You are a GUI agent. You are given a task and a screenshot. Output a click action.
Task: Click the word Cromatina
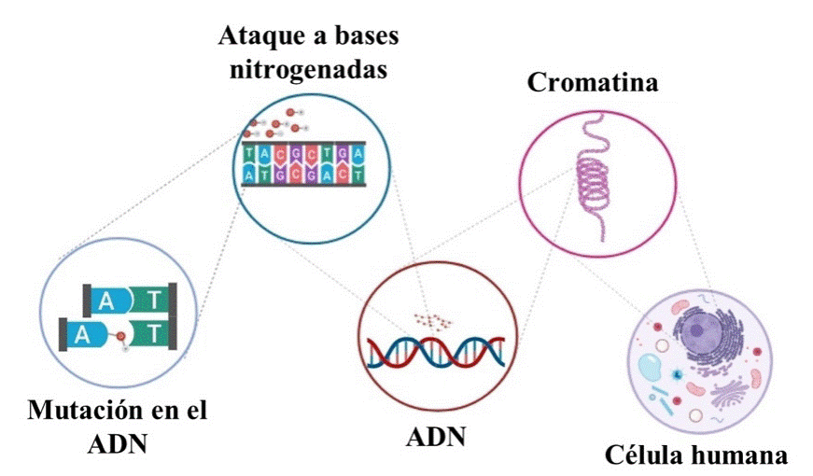click(x=593, y=82)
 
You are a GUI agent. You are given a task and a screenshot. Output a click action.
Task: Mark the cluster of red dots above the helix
click(x=431, y=320)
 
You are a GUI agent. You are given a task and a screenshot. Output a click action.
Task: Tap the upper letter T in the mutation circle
click(x=155, y=301)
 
